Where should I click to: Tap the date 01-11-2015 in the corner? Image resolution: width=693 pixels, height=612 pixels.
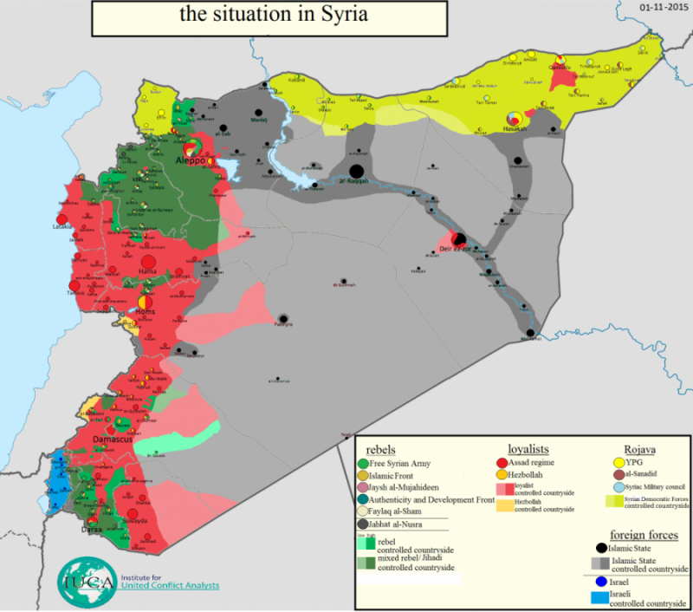click(x=662, y=6)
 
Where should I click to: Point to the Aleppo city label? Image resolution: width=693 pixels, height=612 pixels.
click(x=191, y=161)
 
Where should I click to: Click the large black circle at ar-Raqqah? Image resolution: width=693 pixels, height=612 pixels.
click(x=356, y=171)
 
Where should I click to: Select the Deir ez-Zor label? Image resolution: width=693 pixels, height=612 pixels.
click(x=455, y=250)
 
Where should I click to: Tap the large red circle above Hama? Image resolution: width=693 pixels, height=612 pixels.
click(x=147, y=261)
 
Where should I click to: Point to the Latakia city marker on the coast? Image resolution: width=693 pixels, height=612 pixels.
click(x=62, y=220)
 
